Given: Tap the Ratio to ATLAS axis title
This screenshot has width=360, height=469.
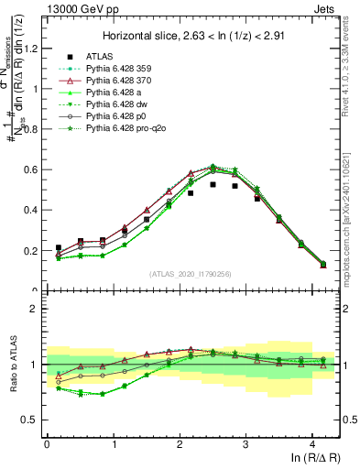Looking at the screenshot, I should tap(12, 365).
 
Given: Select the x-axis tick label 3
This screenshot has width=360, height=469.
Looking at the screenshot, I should tap(246, 443).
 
